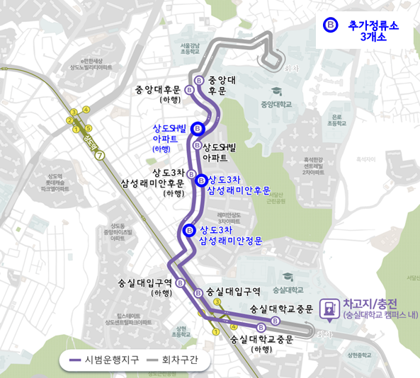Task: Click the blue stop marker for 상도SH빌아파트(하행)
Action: (x=198, y=129)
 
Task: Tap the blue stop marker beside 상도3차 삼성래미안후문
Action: (x=201, y=179)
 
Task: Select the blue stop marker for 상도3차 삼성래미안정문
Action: (x=189, y=231)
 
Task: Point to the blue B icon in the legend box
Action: (x=329, y=25)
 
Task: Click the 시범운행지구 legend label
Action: (x=113, y=360)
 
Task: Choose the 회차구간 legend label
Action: (x=181, y=360)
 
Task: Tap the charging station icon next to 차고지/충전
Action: (x=329, y=309)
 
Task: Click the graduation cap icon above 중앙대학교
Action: (x=276, y=92)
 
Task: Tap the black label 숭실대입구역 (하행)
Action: (x=145, y=287)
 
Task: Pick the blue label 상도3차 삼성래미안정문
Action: (x=231, y=236)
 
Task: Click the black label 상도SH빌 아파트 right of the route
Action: (x=225, y=151)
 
